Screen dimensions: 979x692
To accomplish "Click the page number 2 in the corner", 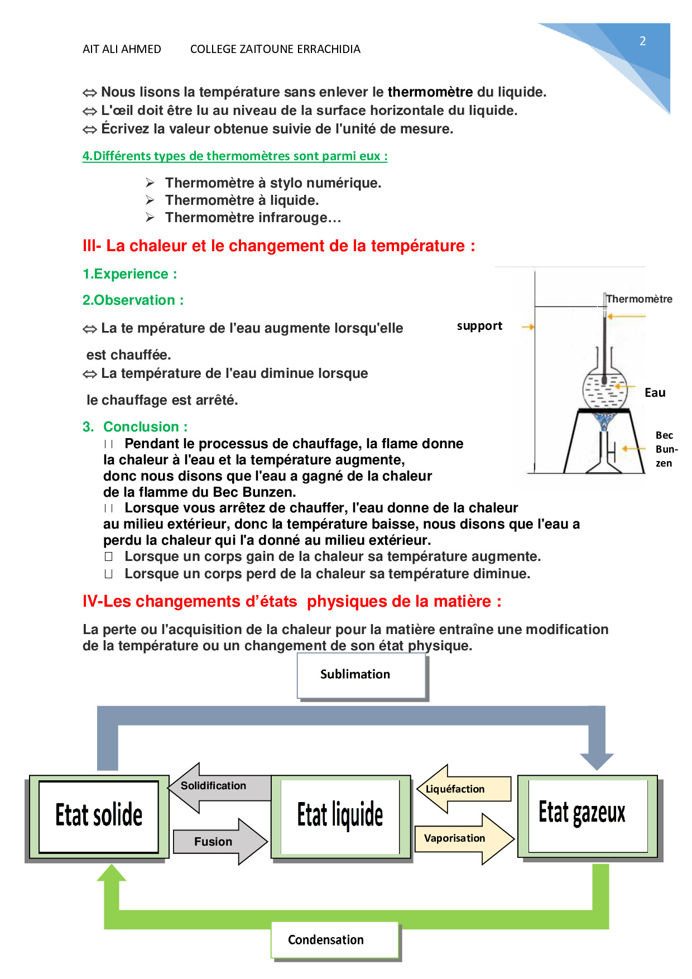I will click(x=642, y=41).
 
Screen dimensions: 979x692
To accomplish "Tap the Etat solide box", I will click(x=99, y=816).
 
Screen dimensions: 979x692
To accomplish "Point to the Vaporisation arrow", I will click(x=461, y=838).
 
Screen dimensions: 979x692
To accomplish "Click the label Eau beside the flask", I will click(x=655, y=393).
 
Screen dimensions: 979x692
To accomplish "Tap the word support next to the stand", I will click(x=479, y=326).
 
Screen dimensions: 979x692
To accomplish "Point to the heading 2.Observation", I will click(x=133, y=300).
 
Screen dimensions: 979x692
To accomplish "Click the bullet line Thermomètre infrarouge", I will click(x=252, y=218).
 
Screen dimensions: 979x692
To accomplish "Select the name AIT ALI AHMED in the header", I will click(x=122, y=49).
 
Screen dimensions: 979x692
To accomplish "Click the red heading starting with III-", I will click(x=278, y=246).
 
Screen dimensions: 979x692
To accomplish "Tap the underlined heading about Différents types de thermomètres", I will click(x=234, y=156).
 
